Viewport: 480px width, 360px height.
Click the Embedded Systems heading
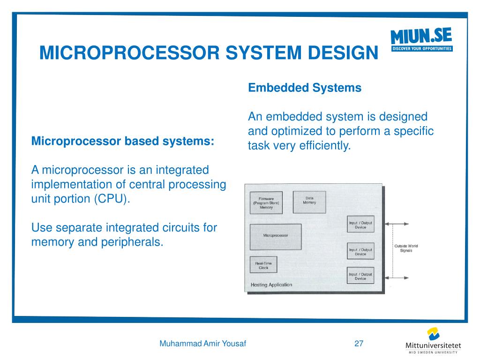click(305, 88)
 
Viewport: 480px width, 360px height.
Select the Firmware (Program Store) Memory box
click(266, 203)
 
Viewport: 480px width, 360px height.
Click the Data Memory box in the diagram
click(309, 202)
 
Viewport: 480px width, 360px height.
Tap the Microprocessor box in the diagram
click(276, 236)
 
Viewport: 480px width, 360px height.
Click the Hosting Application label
click(271, 285)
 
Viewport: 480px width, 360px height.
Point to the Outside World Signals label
click(406, 248)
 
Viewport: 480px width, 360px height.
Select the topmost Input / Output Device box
click(360, 225)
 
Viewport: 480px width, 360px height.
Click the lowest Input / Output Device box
click(360, 276)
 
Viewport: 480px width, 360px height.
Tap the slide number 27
click(359, 344)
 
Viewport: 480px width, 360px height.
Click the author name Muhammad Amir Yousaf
click(203, 344)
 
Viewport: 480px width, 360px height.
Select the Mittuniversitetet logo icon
click(434, 334)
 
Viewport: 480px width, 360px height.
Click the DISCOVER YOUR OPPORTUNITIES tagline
click(422, 49)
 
